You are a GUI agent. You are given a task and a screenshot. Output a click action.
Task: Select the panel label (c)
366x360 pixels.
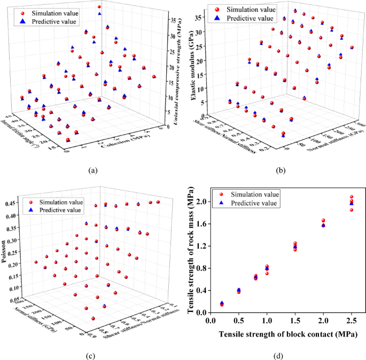click(x=92, y=354)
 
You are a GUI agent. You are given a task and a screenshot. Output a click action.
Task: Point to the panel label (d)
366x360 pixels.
click(x=278, y=354)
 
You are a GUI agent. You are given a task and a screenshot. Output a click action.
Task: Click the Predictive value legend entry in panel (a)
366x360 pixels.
click(x=51, y=21)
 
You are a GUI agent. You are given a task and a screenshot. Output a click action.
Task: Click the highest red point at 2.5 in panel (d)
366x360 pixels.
click(x=351, y=197)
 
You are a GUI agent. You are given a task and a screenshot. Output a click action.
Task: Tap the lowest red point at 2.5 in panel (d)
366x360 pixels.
click(x=351, y=210)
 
